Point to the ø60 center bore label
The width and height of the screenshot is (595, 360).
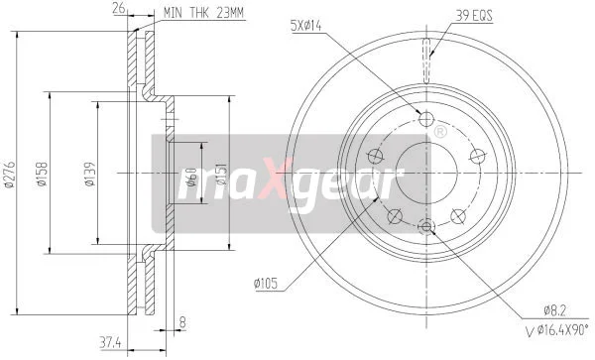tap(191, 177)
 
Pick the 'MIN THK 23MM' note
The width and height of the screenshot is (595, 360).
tap(203, 13)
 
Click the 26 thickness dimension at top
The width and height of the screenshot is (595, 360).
tap(119, 8)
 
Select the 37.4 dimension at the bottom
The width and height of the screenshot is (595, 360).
tap(110, 343)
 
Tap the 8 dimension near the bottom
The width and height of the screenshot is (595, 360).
tap(182, 322)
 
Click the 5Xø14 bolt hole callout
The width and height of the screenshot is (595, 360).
tap(305, 26)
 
